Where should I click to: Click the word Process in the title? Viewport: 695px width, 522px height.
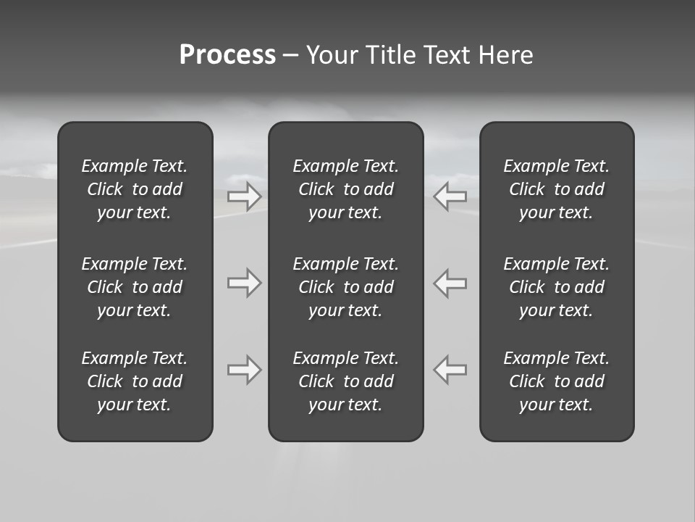pyautogui.click(x=227, y=55)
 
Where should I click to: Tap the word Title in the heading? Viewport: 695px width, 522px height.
pyautogui.click(x=392, y=55)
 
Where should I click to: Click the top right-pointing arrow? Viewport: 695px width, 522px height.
pyautogui.click(x=244, y=196)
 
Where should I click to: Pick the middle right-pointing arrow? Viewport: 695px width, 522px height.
pyautogui.click(x=244, y=283)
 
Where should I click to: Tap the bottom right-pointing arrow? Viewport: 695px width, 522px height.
pyautogui.click(x=244, y=370)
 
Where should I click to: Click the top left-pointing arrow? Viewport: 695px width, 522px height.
pyautogui.click(x=450, y=196)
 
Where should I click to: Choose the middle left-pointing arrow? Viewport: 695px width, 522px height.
pyautogui.click(x=450, y=283)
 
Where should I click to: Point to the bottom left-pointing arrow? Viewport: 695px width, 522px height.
pyautogui.click(x=450, y=370)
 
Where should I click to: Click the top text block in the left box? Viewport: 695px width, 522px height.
pyautogui.click(x=135, y=189)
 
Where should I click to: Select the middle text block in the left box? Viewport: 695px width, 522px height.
pyautogui.click(x=135, y=287)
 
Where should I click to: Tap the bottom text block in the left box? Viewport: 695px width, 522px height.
pyautogui.click(x=135, y=381)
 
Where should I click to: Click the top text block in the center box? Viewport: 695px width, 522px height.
pyautogui.click(x=346, y=189)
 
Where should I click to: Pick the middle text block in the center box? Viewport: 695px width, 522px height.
pyautogui.click(x=346, y=287)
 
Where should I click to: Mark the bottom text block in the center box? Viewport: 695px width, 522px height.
pyautogui.click(x=346, y=381)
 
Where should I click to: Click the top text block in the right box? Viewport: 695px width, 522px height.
pyautogui.click(x=557, y=189)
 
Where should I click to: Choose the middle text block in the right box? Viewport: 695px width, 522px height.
pyautogui.click(x=557, y=287)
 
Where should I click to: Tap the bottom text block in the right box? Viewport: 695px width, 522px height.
pyautogui.click(x=557, y=381)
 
